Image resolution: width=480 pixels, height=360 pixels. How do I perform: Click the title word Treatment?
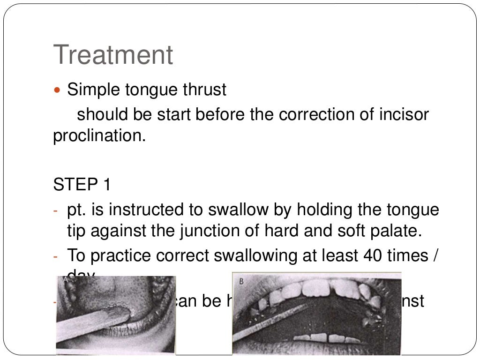(x=113, y=55)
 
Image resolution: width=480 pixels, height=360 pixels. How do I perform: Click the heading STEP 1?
(x=82, y=184)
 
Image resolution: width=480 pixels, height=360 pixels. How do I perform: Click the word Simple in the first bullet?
(x=94, y=90)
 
